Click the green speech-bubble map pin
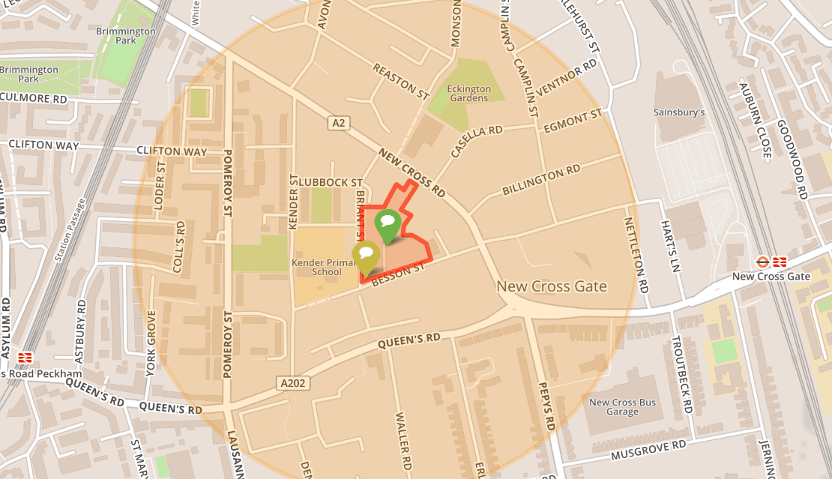[x=388, y=223]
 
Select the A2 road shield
[x=339, y=122]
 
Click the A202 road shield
[x=294, y=383]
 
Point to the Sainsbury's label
[x=679, y=112]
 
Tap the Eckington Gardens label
[x=468, y=94]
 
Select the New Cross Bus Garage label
[x=622, y=407]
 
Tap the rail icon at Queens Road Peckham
[x=25, y=358]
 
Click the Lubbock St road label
[x=330, y=182]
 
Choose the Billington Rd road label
[x=541, y=180]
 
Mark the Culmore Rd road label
[x=34, y=98]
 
